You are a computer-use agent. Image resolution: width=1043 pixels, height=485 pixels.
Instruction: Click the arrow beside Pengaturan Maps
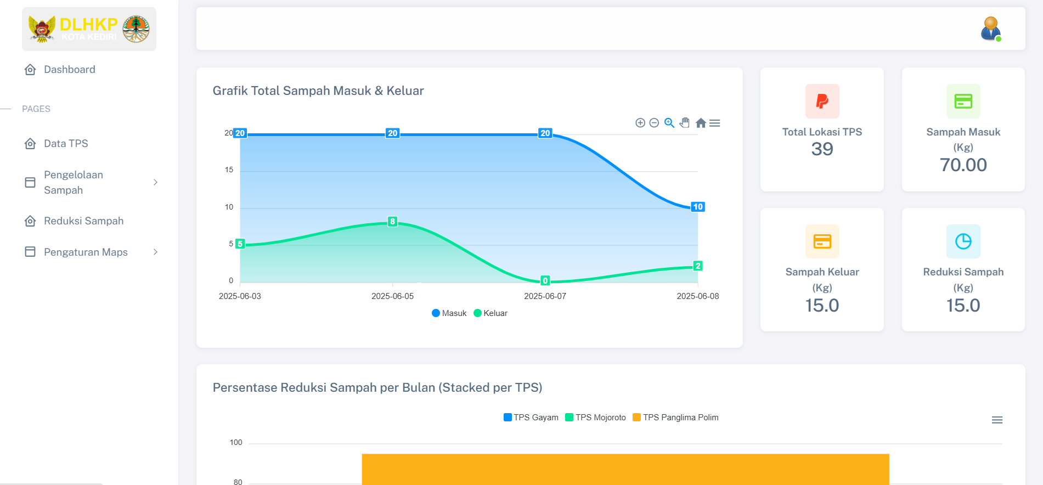[155, 252]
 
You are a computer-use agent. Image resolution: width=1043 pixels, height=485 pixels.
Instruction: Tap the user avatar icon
[991, 29]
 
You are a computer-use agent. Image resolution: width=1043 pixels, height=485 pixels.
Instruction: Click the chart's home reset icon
[701, 123]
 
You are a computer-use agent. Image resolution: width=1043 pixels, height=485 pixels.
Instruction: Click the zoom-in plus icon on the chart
[640, 123]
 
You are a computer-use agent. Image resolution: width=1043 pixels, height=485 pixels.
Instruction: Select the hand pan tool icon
[685, 123]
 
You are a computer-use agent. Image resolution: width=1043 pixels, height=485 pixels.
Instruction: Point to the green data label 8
[392, 222]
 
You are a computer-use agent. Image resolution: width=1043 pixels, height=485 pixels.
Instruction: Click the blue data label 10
[697, 207]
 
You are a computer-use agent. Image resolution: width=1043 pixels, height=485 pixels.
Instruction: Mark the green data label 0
[545, 280]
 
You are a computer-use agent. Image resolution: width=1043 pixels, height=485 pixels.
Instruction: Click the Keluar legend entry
[491, 313]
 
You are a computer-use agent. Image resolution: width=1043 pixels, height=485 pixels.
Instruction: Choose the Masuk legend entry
[449, 313]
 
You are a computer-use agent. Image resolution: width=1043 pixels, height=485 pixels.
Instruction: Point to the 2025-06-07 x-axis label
[545, 296]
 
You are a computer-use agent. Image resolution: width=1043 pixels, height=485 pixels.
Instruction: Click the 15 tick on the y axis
[229, 170]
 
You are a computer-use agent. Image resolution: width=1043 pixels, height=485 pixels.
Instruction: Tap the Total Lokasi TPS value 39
[822, 149]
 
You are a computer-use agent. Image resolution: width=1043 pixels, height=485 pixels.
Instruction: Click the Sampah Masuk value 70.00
[963, 165]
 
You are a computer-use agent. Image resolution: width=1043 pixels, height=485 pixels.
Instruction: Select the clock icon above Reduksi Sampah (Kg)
[963, 241]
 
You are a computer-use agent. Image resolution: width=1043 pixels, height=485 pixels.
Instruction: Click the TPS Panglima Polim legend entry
[675, 418]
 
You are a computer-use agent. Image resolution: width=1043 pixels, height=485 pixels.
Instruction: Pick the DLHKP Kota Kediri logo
[89, 29]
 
